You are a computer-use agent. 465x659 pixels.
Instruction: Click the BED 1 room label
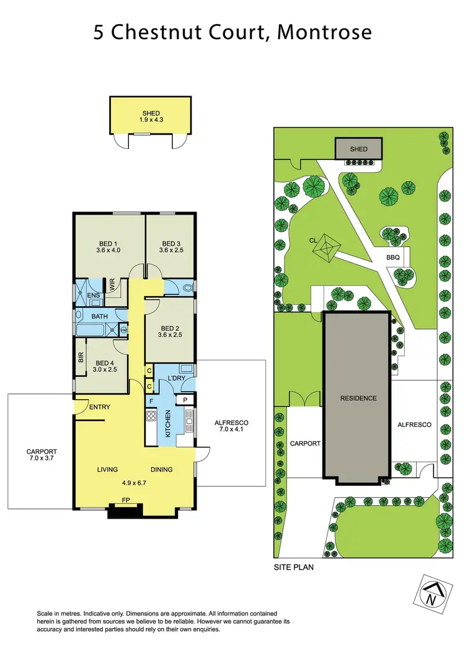point(107,243)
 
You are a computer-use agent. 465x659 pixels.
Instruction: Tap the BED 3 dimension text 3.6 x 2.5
point(170,251)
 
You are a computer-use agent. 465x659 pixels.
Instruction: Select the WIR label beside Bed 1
point(112,285)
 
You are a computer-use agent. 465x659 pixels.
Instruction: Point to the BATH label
point(100,316)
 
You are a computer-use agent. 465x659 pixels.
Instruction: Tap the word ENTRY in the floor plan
point(100,407)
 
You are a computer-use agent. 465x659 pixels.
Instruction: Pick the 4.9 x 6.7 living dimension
point(134,481)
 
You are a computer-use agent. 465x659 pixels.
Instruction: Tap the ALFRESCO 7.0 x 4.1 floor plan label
point(230,425)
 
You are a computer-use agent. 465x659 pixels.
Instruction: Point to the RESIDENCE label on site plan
point(358,398)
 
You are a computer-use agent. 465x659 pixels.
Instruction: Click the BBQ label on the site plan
point(392,256)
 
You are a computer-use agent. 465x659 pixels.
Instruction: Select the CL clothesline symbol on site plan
point(324,248)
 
